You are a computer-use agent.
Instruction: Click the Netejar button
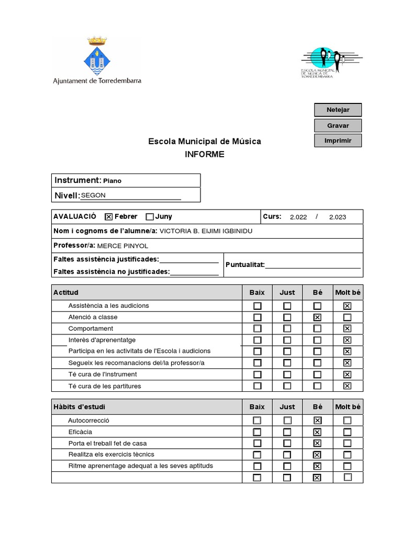pyautogui.click(x=338, y=110)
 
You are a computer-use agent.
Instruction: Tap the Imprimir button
pyautogui.click(x=338, y=141)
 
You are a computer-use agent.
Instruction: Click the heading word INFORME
pyautogui.click(x=204, y=154)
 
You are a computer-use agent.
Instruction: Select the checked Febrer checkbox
pyautogui.click(x=109, y=217)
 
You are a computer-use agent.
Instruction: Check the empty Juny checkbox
pyautogui.click(x=150, y=217)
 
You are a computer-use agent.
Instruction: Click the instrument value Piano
pyautogui.click(x=112, y=181)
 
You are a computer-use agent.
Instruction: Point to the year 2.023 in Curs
pyautogui.click(x=337, y=217)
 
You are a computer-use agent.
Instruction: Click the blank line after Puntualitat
pyautogui.click(x=313, y=265)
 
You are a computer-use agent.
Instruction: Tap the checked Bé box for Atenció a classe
pyautogui.click(x=317, y=317)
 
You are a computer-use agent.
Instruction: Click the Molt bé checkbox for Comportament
pyautogui.click(x=347, y=329)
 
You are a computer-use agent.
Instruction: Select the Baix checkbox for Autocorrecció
pyautogui.click(x=257, y=421)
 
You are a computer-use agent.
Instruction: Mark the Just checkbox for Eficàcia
pyautogui.click(x=287, y=432)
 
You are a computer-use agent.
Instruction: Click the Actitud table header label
pyautogui.click(x=66, y=293)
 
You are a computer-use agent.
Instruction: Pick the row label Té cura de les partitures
pyautogui.click(x=105, y=386)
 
